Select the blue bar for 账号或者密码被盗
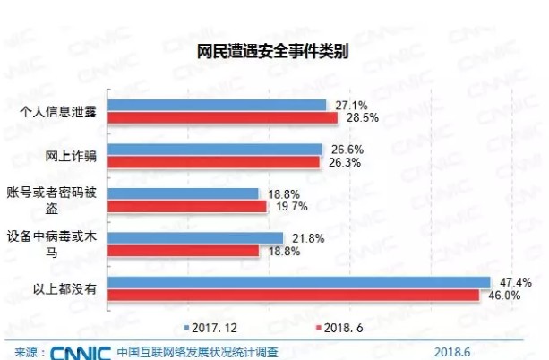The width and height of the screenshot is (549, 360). click(185, 193)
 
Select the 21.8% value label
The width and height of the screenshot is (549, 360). click(304, 237)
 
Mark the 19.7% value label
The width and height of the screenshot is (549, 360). click(287, 207)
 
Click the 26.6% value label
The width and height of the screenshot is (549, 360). click(341, 149)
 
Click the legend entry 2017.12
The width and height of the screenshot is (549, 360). click(210, 329)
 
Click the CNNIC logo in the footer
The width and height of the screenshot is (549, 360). click(80, 351)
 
